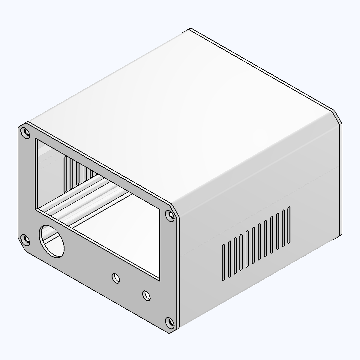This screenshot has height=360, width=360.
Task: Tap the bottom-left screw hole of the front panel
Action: (x=25, y=240)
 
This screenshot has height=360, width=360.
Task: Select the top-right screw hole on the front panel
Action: (x=170, y=216)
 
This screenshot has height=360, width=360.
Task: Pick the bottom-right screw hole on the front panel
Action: (x=170, y=323)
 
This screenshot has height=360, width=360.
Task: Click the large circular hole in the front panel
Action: (x=52, y=241)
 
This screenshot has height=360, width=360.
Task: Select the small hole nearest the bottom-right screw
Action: (x=146, y=295)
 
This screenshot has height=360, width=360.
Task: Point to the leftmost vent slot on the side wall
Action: (x=223, y=263)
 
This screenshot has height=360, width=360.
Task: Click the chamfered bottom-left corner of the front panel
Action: (x=22, y=246)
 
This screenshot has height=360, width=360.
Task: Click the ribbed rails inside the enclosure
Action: (x=87, y=198)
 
